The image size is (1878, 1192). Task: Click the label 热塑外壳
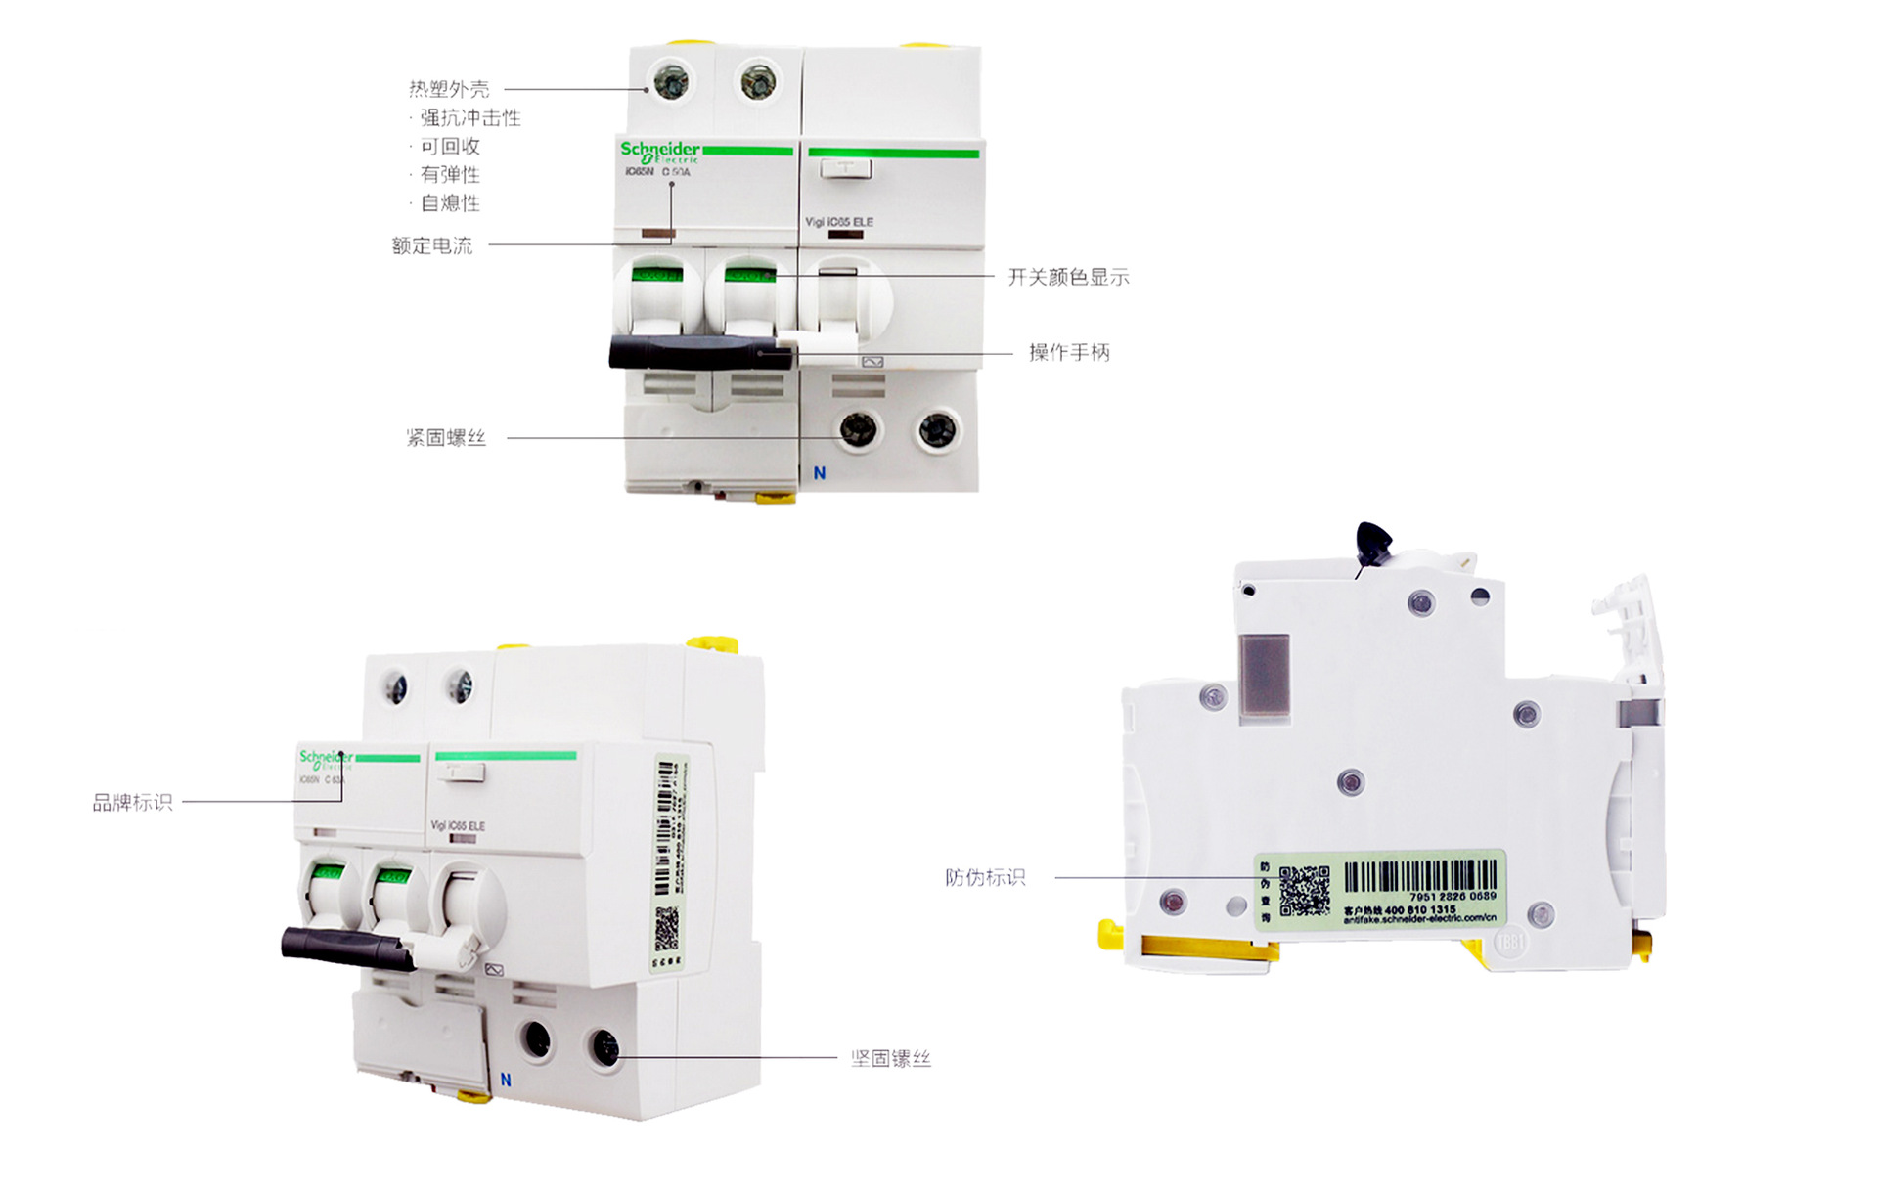449,89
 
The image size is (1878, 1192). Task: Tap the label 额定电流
431,245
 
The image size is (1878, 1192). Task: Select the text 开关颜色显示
1068,277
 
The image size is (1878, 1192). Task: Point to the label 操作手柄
1069,352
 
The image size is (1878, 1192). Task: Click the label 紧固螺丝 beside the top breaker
446,437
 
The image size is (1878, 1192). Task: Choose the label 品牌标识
132,802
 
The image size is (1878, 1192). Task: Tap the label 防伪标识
985,877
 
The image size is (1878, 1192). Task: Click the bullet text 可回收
450,146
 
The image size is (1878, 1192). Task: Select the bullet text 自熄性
450,202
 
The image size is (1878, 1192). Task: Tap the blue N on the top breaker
820,473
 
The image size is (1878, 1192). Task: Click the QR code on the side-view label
1305,890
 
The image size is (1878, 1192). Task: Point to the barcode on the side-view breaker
1420,875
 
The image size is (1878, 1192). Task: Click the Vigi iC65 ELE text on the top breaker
839,222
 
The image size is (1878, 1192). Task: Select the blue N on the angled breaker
506,1080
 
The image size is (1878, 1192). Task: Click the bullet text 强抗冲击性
469,117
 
